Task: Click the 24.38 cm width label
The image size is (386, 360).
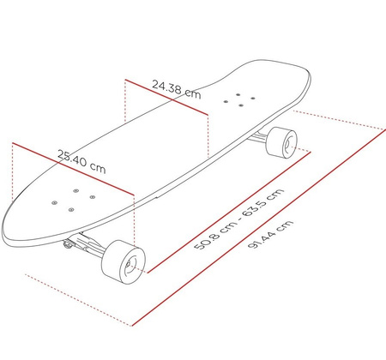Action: [176, 89]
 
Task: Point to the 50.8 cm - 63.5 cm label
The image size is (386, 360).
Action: [238, 219]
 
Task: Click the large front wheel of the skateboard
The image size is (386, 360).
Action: [124, 261]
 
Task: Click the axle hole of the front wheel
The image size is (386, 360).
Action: [129, 265]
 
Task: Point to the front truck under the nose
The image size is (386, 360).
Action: [86, 243]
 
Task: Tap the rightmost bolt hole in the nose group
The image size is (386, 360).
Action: [91, 195]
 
